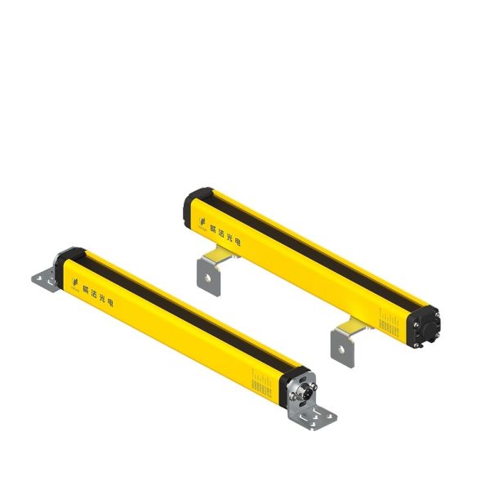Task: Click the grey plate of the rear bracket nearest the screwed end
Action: (343, 346)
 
